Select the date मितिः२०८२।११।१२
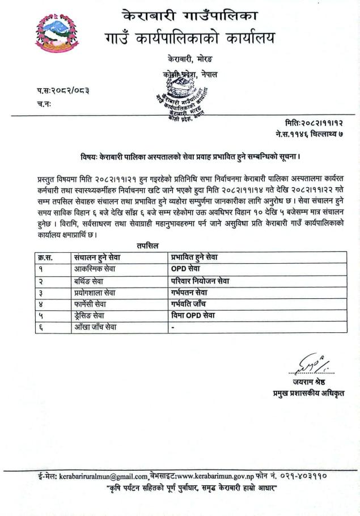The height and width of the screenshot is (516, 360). (x=312, y=122)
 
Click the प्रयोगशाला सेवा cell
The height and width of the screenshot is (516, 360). (x=94, y=293)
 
